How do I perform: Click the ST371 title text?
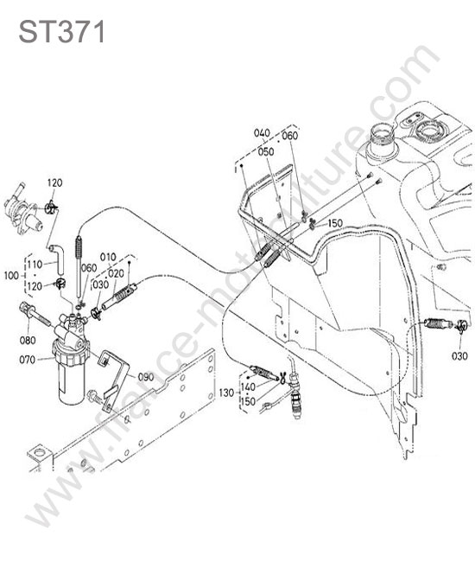click(61, 32)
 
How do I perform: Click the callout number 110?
click(35, 265)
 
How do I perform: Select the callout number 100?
click(11, 276)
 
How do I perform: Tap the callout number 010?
click(108, 258)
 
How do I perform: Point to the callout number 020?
click(116, 274)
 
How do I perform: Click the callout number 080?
click(28, 340)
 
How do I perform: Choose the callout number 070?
click(28, 359)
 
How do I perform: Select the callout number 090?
click(146, 377)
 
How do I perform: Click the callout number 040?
click(262, 133)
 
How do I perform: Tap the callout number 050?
click(266, 151)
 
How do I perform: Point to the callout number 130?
click(226, 393)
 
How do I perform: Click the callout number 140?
click(248, 387)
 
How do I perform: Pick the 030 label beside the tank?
click(459, 356)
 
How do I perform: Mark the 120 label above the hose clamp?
click(54, 182)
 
